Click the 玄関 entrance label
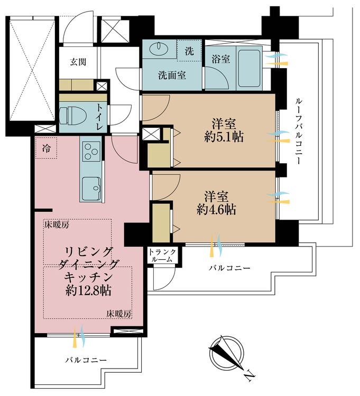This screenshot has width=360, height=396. [78, 61]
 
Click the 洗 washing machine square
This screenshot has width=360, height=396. [189, 52]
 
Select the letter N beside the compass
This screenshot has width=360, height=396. [250, 376]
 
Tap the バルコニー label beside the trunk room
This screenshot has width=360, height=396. [229, 268]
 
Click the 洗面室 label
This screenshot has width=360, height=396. [172, 75]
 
